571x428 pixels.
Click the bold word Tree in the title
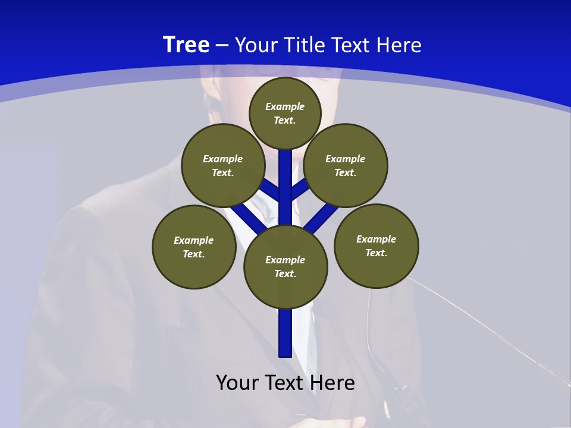186,45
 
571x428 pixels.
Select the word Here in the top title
401,45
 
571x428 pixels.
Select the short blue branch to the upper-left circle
271,190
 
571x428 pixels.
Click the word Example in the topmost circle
285,106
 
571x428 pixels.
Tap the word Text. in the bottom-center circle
285,273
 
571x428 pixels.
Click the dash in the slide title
222,45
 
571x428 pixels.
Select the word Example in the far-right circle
376,239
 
